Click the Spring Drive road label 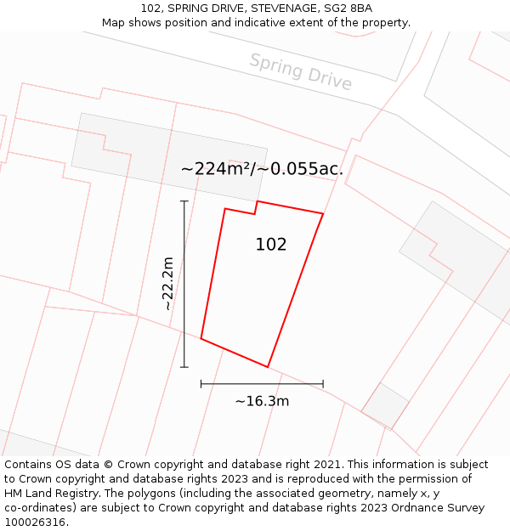[300, 71]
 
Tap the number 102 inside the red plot [271, 245]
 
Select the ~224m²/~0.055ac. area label [262, 168]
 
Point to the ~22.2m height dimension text [167, 283]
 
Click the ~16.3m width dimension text [262, 401]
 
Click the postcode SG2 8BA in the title [348, 8]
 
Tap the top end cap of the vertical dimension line [184, 201]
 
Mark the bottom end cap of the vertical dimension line [184, 367]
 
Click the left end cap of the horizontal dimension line [201, 384]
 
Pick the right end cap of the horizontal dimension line [323, 384]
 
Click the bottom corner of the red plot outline [268, 367]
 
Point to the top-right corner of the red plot [323, 213]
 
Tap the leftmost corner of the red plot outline [201, 338]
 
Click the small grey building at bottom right [385, 405]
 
